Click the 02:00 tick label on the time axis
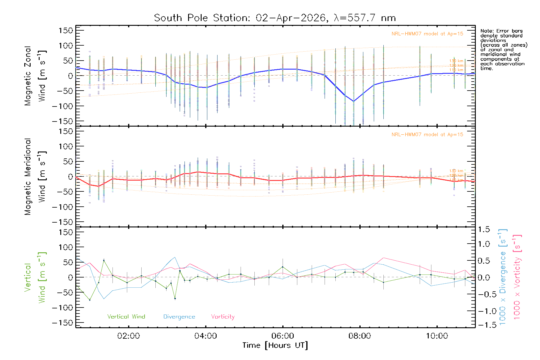click(x=128, y=336)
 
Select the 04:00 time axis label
click(x=205, y=336)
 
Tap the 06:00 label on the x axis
click(x=283, y=336)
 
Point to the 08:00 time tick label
click(x=360, y=336)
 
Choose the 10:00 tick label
click(x=437, y=336)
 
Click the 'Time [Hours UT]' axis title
click(x=275, y=346)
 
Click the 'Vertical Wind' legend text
click(x=126, y=317)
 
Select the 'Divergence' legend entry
click(x=179, y=317)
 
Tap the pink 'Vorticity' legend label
click(x=223, y=317)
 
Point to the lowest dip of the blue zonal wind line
click(x=354, y=101)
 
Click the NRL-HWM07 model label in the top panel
click(x=427, y=34)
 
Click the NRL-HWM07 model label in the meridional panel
click(x=427, y=135)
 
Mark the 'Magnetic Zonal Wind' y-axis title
click(x=35, y=76)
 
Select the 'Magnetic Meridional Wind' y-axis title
click(x=35, y=176)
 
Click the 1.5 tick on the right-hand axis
click(x=484, y=229)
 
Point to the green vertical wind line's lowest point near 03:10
click(x=175, y=298)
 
